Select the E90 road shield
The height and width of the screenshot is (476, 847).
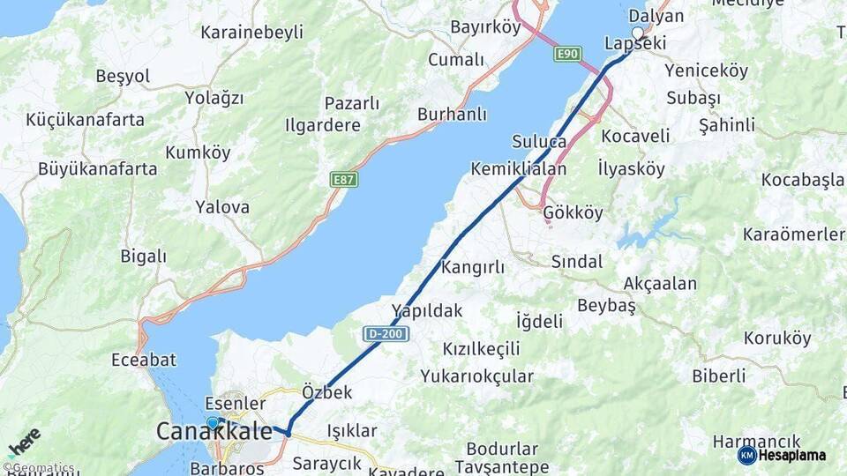point(567,55)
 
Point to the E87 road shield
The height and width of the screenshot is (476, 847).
point(343,180)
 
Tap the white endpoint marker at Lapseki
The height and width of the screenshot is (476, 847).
point(638,33)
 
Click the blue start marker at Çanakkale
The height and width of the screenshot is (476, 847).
point(212,423)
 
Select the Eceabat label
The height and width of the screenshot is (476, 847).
point(144,360)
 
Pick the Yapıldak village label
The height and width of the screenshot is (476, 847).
point(427,309)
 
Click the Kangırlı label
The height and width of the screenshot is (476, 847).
point(473,266)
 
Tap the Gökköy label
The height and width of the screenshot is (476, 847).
point(573,213)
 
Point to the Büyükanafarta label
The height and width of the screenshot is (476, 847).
point(97,168)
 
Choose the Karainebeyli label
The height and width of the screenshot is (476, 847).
point(251,33)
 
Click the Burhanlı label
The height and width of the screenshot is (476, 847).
point(452,114)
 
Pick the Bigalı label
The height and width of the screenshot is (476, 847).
point(143,257)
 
